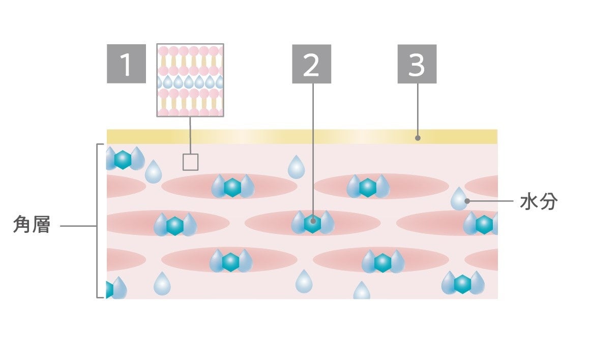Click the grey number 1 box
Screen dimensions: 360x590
(x=126, y=64)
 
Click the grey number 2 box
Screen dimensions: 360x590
(x=311, y=64)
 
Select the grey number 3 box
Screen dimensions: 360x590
(x=417, y=64)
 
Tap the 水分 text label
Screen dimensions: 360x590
(x=539, y=202)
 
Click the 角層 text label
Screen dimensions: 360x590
(x=32, y=225)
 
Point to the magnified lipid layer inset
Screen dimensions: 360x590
(x=190, y=80)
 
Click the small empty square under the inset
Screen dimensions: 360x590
(x=190, y=162)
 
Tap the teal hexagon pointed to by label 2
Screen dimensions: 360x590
(x=312, y=223)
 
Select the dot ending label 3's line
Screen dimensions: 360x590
(x=418, y=137)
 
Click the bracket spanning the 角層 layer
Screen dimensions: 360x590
(x=97, y=221)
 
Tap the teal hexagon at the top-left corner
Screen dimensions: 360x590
(x=123, y=160)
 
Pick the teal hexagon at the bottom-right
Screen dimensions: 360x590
(x=462, y=284)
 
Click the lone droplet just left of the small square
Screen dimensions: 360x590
(x=153, y=172)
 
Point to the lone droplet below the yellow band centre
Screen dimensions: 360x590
(x=296, y=167)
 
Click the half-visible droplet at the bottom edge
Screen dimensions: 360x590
(x=362, y=291)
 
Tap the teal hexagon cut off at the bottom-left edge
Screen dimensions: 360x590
(x=109, y=290)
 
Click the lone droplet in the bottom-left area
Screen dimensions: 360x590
(x=162, y=284)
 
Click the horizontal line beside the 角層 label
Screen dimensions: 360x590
(x=78, y=225)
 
